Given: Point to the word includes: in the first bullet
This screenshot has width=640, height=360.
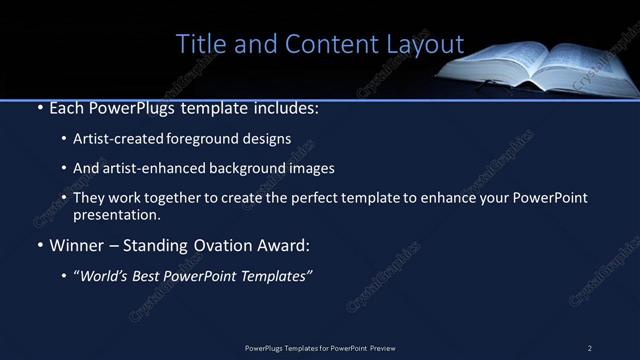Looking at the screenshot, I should pyautogui.click(x=290, y=106).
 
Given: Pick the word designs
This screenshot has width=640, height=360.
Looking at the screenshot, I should pyautogui.click(x=270, y=138).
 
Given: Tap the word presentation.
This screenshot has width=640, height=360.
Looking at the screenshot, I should pyautogui.click(x=114, y=214).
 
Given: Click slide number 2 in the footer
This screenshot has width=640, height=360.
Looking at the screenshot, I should pyautogui.click(x=590, y=348).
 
